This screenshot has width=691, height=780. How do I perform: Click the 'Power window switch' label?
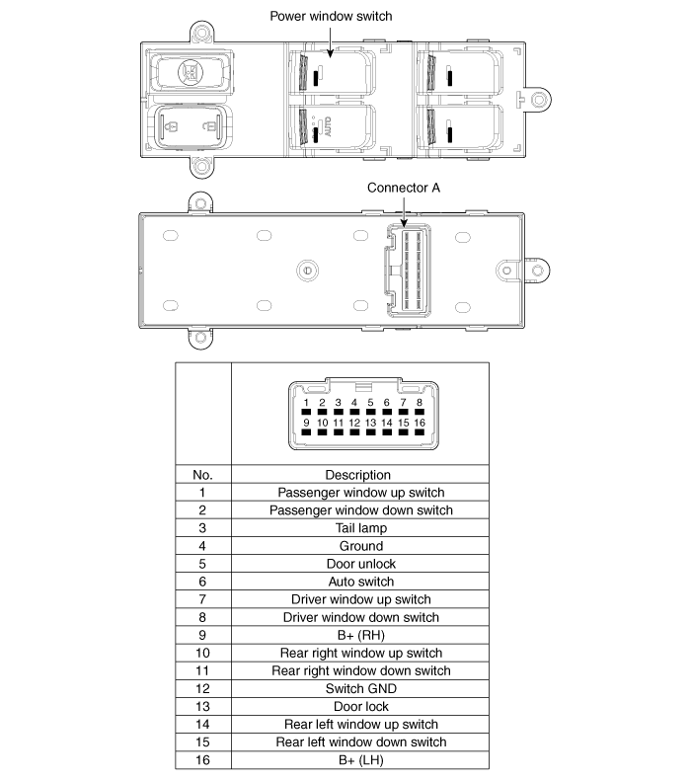(331, 17)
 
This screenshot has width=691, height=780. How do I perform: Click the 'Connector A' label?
(404, 188)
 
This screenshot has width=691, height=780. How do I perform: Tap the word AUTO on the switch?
(328, 126)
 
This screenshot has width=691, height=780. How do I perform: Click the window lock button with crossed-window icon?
(191, 73)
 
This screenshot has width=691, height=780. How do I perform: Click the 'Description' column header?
(357, 475)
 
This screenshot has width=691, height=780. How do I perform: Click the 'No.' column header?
(202, 475)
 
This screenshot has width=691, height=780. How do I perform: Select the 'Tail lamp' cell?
(361, 528)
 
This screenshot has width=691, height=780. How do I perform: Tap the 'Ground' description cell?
(361, 546)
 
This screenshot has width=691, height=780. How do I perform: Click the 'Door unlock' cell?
(361, 564)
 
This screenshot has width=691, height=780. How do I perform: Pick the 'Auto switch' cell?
(361, 582)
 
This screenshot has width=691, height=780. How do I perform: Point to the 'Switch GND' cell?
(361, 688)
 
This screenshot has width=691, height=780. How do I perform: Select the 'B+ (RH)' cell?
(361, 635)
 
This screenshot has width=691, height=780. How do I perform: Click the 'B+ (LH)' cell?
(361, 760)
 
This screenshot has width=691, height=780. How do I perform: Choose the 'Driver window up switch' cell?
(361, 599)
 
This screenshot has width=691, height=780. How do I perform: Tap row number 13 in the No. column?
(202, 706)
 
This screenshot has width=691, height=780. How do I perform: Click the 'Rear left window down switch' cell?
(361, 742)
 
